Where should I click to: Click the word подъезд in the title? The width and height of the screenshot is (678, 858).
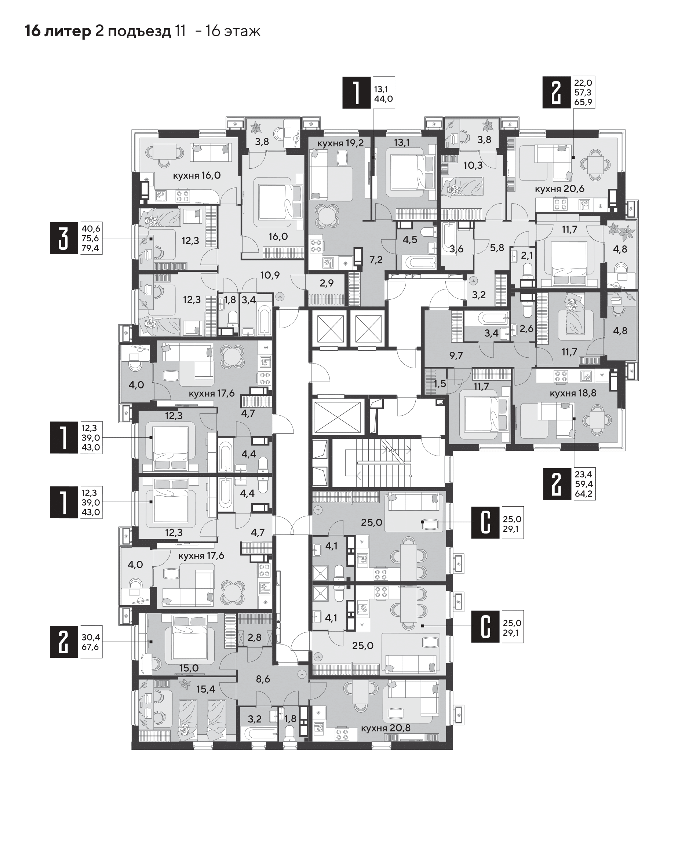tap(139, 31)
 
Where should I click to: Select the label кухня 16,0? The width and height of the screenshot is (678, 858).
tap(197, 175)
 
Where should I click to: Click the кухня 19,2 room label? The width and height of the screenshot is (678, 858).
tap(340, 143)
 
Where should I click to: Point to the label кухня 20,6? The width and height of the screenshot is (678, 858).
tap(560, 189)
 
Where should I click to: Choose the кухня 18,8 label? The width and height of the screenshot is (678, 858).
tap(573, 393)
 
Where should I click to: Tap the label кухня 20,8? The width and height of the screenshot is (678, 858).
tap(386, 728)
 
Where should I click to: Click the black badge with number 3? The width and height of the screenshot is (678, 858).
tap(64, 238)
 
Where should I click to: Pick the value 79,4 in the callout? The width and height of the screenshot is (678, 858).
tap(91, 249)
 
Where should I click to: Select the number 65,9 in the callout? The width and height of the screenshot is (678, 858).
tap(583, 102)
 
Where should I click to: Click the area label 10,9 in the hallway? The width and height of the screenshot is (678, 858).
tap(270, 275)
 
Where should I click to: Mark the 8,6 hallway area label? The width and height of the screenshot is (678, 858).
tap(263, 679)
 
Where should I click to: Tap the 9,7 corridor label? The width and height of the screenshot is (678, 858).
tap(456, 355)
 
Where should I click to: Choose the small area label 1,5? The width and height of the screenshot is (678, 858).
tap(440, 384)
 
